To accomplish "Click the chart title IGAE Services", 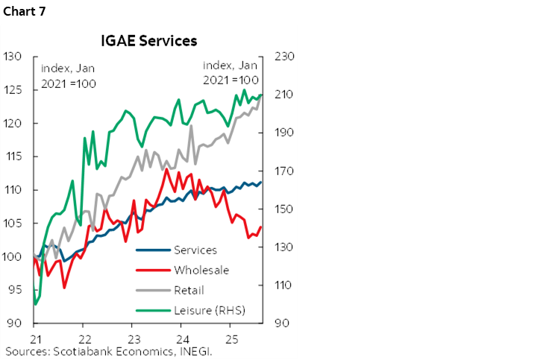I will coord(148,40).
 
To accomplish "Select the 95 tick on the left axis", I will coord(14,291).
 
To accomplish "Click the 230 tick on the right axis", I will coord(285,57).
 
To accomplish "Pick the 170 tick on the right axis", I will coord(285,171).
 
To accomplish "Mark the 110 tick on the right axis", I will coord(285,285).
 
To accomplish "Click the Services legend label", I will coord(195,250).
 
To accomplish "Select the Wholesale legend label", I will coord(201,271).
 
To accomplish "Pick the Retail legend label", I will coord(189,291).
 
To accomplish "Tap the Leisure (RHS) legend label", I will coord(209,310).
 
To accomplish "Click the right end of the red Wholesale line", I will coord(260,227).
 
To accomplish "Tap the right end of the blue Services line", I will coord(260,183).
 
